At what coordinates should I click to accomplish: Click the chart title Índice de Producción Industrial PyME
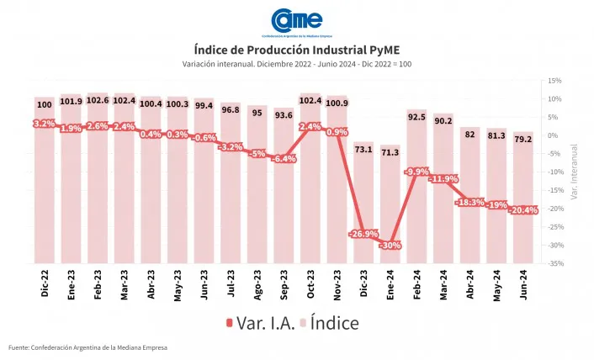click(296, 50)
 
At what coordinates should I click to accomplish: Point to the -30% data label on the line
click(390, 246)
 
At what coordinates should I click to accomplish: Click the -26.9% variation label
click(363, 234)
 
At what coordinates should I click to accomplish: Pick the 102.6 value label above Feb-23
click(98, 101)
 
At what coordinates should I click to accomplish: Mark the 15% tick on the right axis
click(554, 81)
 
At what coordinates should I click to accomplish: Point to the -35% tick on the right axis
click(554, 264)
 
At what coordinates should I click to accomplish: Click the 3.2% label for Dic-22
click(45, 124)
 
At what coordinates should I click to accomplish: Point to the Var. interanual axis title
click(575, 172)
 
